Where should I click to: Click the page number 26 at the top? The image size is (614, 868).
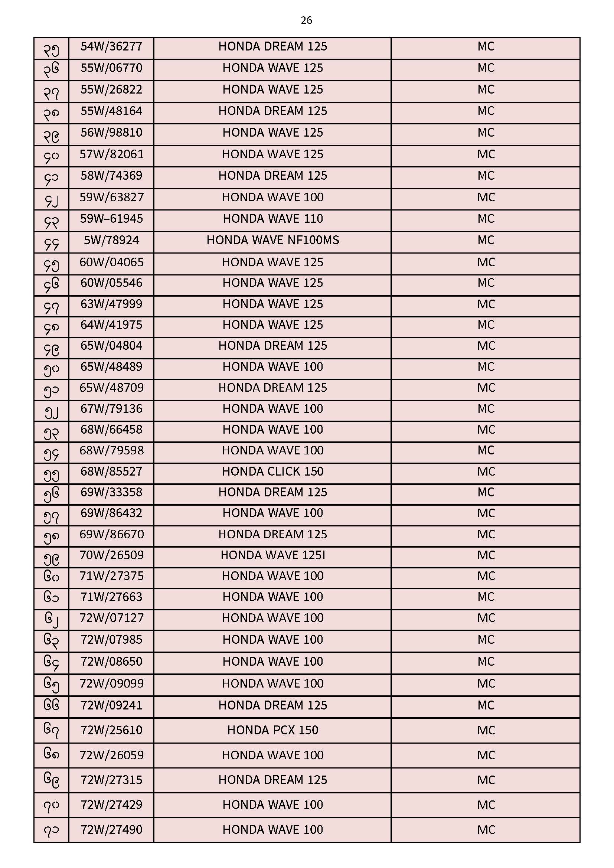306,20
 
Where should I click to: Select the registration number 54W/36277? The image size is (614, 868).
111,46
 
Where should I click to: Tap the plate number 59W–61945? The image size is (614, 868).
111,219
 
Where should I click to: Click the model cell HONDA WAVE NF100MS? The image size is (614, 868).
272,241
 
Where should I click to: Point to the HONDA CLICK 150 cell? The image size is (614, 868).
272,471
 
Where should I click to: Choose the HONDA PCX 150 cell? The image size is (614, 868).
272,730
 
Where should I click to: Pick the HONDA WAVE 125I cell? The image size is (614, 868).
272,555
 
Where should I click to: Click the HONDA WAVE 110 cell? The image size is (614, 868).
272,219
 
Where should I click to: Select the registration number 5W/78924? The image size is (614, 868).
111,241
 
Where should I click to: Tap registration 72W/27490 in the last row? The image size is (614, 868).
111,829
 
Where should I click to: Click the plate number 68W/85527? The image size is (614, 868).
111,471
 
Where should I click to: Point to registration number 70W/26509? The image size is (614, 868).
111,555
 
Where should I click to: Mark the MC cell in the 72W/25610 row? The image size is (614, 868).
486,730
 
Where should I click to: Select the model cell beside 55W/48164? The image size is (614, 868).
272,111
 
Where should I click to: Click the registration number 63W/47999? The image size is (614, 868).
111,304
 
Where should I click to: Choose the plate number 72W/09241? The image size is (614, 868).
111,705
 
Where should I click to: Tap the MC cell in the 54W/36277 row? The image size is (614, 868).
486,46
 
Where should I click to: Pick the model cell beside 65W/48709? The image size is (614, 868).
272,388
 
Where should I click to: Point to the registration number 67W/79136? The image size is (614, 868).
111,409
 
